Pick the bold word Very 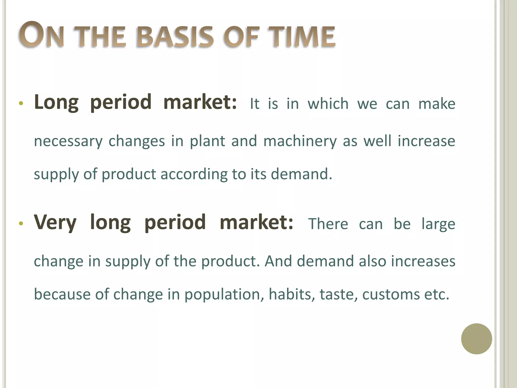coord(55,223)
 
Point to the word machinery coord(300,141)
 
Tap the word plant coord(207,141)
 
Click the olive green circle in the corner coord(476,339)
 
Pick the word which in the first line coord(328,104)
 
